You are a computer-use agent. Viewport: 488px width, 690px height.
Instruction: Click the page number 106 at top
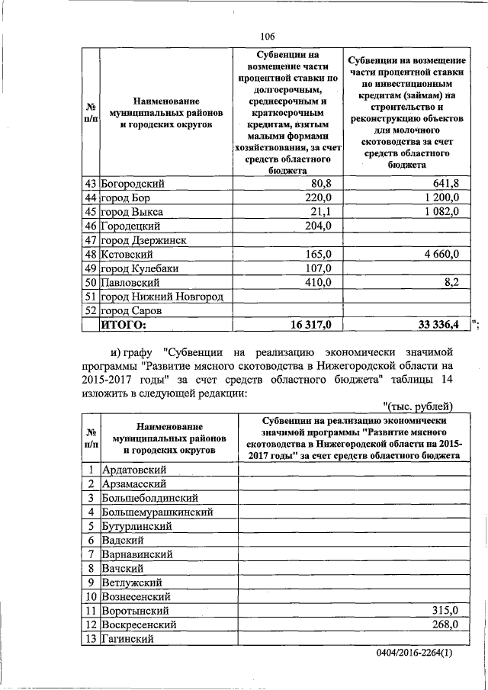coord(266,36)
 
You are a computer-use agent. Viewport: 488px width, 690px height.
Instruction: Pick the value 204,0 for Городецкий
coord(317,226)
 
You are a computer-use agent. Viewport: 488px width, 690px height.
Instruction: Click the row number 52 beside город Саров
coord(90,311)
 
